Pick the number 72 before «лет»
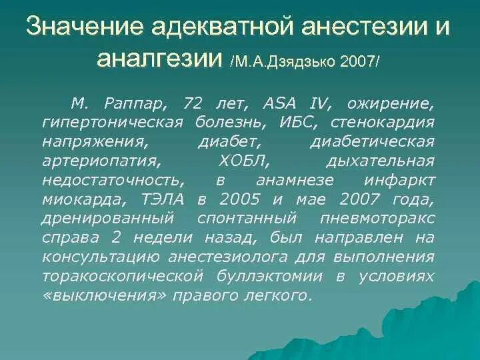[193, 104]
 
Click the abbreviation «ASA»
[279, 104]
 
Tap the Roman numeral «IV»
[318, 104]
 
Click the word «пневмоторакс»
[386, 219]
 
